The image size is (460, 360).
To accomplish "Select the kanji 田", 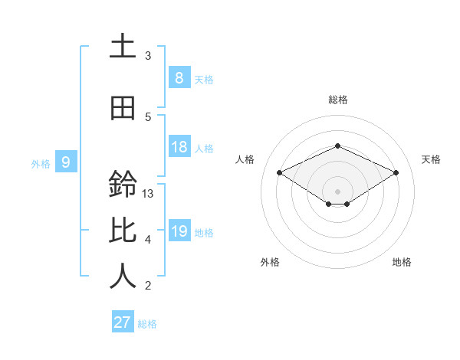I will (x=123, y=108).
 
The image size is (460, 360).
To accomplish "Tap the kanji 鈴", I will (x=123, y=185).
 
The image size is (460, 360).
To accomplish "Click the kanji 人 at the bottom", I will (x=123, y=277).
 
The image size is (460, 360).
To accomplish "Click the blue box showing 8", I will (x=179, y=77).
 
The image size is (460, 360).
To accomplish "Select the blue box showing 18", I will (x=179, y=147).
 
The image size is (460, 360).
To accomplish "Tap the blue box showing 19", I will (x=179, y=231).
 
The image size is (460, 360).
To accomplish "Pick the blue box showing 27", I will (x=123, y=322).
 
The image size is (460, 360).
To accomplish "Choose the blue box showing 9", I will (x=66, y=162).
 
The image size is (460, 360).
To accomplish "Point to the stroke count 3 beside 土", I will (x=148, y=56).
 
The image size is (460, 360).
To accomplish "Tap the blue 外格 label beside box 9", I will (x=41, y=163).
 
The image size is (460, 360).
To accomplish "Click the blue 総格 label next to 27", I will (x=147, y=324).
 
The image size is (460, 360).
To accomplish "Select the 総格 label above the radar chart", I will (x=337, y=100).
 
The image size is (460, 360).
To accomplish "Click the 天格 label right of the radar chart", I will (x=431, y=159).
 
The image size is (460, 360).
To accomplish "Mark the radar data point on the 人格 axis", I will (x=280, y=173).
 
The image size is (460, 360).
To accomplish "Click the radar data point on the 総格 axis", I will (x=337, y=146).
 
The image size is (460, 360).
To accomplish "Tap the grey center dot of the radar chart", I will (x=337, y=191).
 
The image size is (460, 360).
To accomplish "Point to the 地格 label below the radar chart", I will (x=402, y=262).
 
